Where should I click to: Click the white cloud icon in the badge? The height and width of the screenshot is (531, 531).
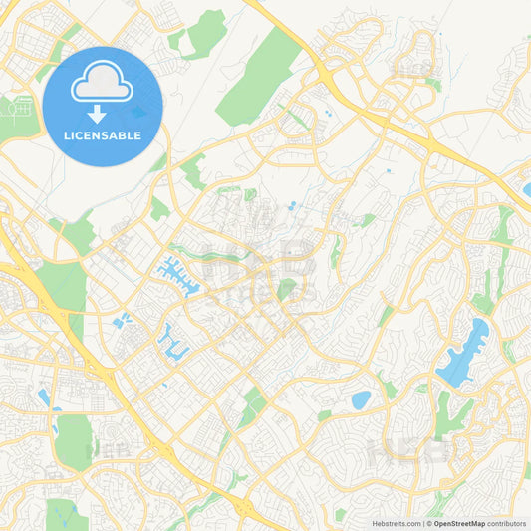tap(103, 86)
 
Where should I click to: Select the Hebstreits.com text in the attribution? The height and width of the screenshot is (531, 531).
tap(397, 523)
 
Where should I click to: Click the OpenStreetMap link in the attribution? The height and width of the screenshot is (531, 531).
tap(458, 523)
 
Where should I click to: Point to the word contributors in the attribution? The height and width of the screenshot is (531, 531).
tap(508, 523)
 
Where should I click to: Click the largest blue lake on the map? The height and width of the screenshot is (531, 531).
tap(463, 353)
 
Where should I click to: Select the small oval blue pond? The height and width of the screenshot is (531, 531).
tap(361, 399)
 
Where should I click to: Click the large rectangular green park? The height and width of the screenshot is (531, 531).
tap(72, 441)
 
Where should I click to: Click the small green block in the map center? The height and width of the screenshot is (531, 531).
tap(287, 289)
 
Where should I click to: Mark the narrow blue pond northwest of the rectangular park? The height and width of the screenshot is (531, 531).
tap(43, 397)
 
